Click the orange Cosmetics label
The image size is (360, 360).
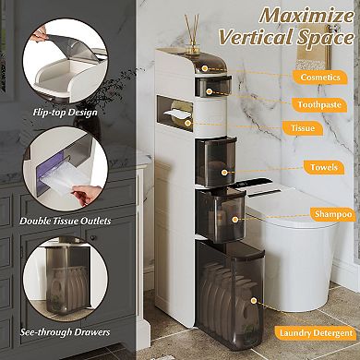point(320,77)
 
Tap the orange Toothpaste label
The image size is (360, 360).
point(320,104)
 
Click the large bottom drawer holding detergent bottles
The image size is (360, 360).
point(231,295)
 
